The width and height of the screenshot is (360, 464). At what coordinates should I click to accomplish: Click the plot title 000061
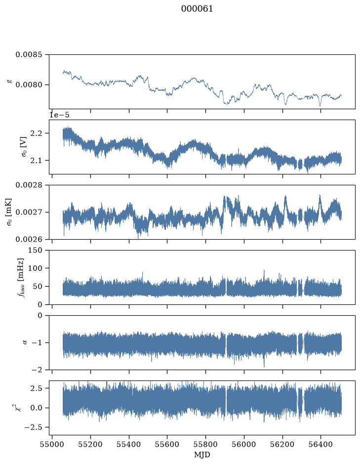coord(197,8)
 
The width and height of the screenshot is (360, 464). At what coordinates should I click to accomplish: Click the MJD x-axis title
coord(202,454)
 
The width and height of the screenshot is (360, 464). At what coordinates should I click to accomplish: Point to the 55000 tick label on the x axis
coord(52,444)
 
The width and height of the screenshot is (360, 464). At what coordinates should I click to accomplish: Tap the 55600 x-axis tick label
coord(167,444)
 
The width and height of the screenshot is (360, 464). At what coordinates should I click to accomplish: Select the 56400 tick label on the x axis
coord(320,444)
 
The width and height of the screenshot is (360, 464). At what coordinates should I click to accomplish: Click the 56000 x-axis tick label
coord(244,444)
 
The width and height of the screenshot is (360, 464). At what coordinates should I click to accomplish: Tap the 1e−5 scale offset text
coord(59,115)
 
